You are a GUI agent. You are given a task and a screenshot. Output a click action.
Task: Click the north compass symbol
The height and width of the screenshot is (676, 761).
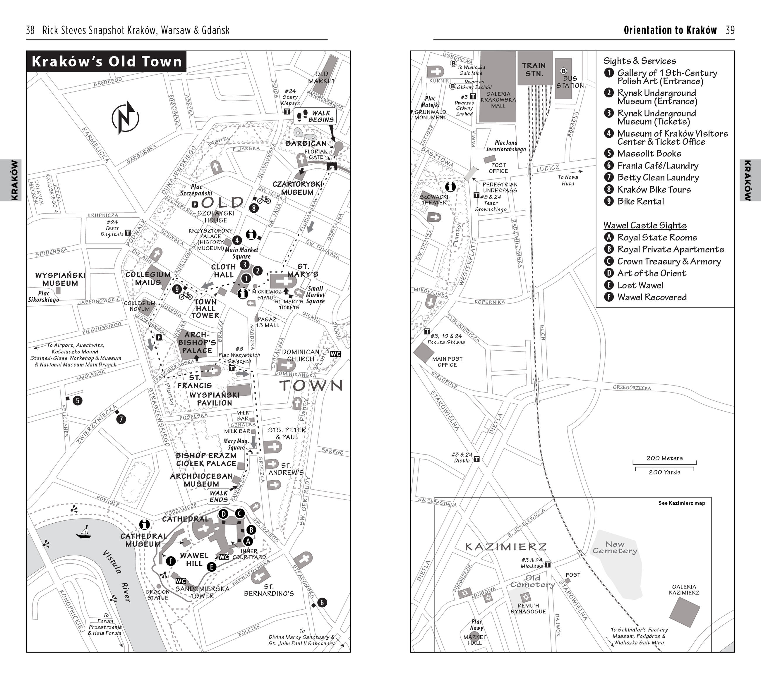tap(126, 118)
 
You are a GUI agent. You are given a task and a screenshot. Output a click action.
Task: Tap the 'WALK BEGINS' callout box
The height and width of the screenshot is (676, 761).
tap(315, 116)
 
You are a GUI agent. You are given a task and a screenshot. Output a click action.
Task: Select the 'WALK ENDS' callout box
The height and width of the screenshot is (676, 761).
tap(219, 496)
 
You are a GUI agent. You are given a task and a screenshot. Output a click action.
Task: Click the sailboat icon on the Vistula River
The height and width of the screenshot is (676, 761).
tap(84, 532)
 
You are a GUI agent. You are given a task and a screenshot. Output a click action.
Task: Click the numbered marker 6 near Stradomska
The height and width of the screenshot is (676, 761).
tap(322, 602)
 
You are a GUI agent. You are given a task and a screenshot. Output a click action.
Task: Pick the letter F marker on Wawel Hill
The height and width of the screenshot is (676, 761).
tap(171, 561)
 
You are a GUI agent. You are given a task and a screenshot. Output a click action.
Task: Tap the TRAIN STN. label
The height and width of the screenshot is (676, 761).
tap(534, 70)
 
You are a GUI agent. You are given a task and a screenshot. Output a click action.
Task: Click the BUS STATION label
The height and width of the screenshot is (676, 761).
tap(570, 82)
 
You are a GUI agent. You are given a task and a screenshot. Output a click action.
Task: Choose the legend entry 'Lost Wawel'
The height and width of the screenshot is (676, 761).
tap(640, 285)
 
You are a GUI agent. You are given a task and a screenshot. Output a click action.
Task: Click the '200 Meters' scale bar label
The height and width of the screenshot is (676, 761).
tap(665, 458)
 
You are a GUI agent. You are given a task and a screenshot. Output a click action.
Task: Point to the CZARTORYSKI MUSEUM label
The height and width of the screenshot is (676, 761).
tap(297, 188)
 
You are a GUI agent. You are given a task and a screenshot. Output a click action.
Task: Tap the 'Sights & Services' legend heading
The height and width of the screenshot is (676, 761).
tap(640, 61)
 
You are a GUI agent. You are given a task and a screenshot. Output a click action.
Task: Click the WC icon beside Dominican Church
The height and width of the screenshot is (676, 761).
tap(335, 354)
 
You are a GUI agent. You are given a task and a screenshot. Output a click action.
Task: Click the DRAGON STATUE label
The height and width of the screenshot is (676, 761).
tap(158, 594)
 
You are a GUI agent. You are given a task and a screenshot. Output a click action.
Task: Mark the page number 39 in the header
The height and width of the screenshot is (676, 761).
tap(730, 30)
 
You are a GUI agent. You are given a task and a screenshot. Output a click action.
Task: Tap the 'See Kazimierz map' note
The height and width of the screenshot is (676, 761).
tap(682, 503)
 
